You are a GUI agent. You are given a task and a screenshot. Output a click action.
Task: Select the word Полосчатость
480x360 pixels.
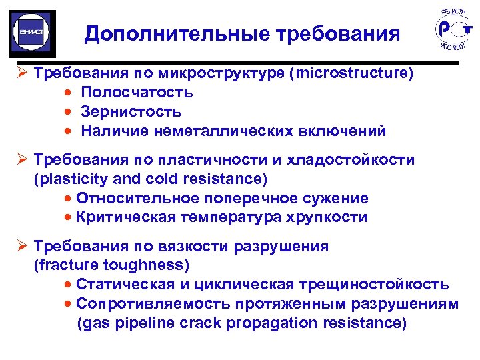pos(137,92)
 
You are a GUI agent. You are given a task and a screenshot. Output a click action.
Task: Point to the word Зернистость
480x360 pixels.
pos(131,111)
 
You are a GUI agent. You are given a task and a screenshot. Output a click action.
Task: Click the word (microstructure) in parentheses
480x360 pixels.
pos(351,73)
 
